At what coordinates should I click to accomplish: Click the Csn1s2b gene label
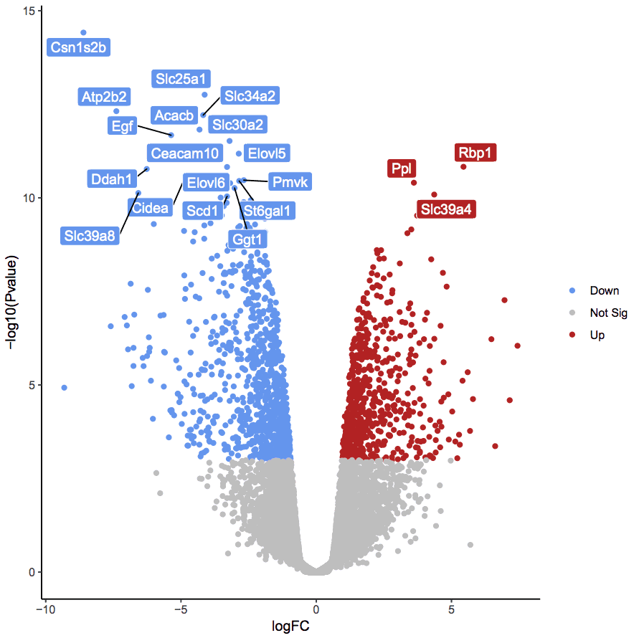coord(79,48)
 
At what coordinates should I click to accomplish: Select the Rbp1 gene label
coord(476,152)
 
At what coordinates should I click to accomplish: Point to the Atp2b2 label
coord(105,97)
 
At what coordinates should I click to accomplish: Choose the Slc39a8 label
coord(90,234)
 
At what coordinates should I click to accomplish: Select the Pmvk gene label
coord(290,182)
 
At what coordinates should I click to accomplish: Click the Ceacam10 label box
coord(184,153)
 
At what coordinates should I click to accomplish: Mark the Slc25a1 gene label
coord(181,78)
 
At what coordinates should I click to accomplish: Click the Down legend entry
coord(604,290)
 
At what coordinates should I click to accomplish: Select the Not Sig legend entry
coord(608,313)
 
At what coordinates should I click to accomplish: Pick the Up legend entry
coord(597,335)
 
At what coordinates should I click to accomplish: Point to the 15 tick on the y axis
coord(29,11)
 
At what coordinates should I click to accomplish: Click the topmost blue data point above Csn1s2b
coord(83,32)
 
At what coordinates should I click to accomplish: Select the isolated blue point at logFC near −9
coord(64,387)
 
